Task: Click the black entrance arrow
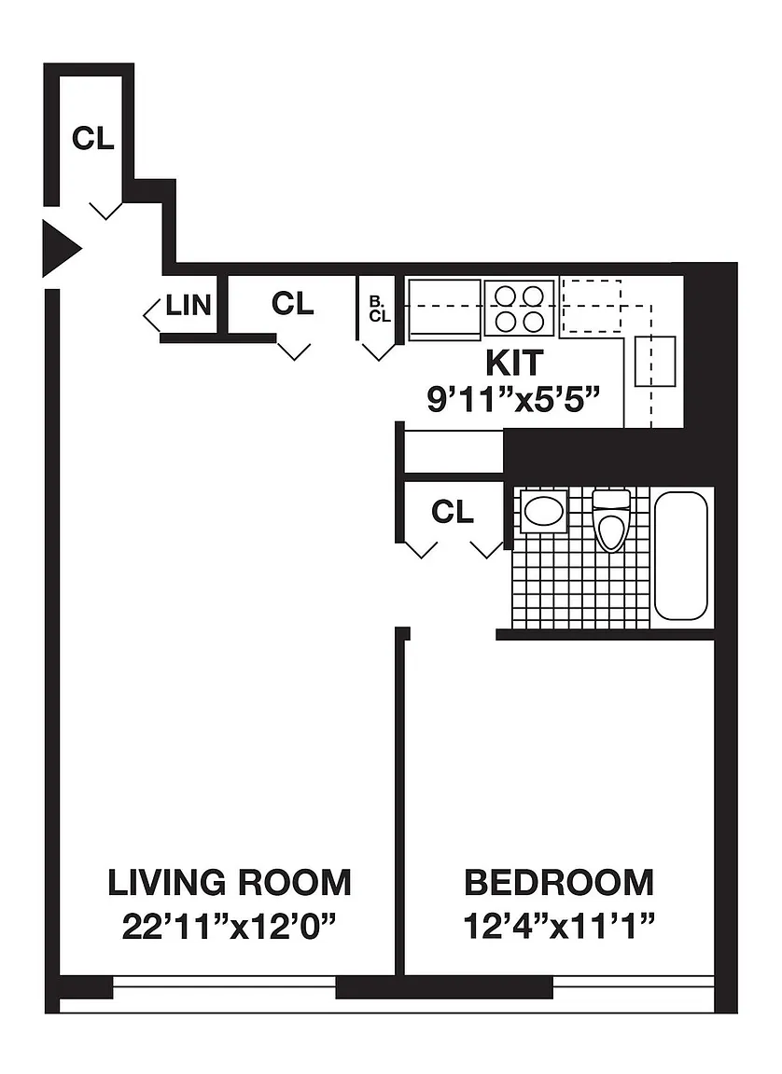[x=61, y=248]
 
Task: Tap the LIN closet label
[x=189, y=306]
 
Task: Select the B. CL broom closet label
[x=380, y=309]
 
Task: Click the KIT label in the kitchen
[x=515, y=363]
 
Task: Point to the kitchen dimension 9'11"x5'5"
[x=514, y=399]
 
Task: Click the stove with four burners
[x=520, y=308]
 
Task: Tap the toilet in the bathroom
[x=611, y=520]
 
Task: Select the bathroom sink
[x=543, y=511]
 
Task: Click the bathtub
[x=680, y=557]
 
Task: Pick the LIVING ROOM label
[x=230, y=882]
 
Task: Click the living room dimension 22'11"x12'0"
[x=230, y=928]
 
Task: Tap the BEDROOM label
[x=559, y=882]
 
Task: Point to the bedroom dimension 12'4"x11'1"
[x=559, y=928]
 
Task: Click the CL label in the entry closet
[x=93, y=138]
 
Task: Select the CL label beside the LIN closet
[x=293, y=303]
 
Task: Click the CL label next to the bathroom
[x=453, y=512]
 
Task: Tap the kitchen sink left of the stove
[x=444, y=310]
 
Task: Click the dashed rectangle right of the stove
[x=592, y=306]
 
